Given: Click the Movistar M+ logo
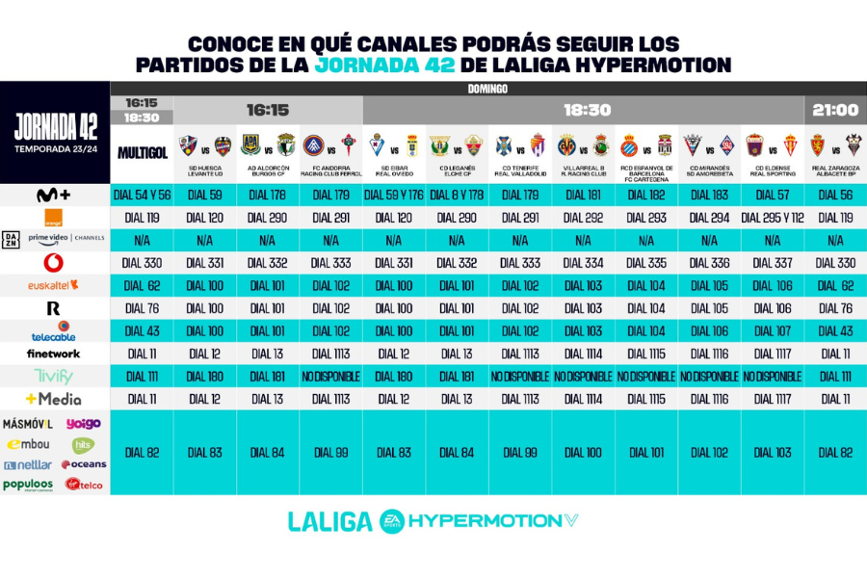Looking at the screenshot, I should [x=54, y=195].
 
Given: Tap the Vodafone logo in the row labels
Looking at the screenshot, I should [x=54, y=262].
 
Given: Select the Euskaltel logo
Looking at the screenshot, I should [x=54, y=285].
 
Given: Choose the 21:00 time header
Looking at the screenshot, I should [x=834, y=110].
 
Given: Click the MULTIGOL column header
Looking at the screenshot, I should [x=143, y=152].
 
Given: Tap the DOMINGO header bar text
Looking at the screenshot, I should [x=488, y=89].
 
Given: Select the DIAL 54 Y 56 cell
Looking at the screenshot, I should [x=143, y=195].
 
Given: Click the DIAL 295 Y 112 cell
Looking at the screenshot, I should [x=772, y=218].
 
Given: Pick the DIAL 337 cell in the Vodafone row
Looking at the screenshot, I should [x=772, y=262].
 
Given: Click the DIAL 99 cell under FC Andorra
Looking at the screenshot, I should [x=331, y=452].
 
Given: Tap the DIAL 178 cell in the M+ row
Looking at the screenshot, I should [x=268, y=195].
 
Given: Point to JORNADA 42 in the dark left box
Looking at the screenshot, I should [x=55, y=127].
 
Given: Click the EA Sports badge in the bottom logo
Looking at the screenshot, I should [x=392, y=520].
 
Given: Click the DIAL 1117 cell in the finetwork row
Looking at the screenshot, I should [x=772, y=354].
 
